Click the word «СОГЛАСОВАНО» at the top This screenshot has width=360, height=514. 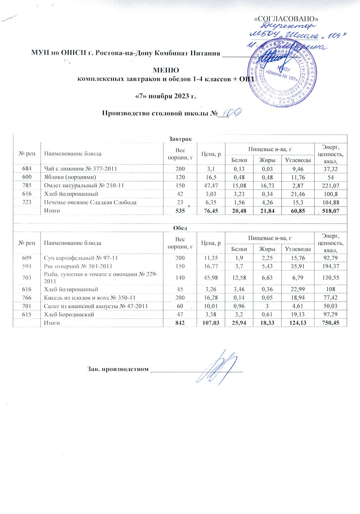286,19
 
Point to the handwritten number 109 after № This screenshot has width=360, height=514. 231,112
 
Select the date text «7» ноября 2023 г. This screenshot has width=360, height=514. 166,96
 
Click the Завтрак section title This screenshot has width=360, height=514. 180,139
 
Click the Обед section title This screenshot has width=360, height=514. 180,228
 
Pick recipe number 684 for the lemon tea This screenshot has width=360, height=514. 27,169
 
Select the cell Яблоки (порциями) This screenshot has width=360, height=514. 70,177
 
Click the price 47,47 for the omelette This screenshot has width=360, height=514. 211,185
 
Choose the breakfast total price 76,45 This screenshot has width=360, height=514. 210,211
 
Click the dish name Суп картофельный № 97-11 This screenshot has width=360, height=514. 81,258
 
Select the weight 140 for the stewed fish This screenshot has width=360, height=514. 180,278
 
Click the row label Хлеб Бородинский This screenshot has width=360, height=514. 69,315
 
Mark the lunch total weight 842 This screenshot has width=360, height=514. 180,323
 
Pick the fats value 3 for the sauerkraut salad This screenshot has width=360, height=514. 267,306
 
